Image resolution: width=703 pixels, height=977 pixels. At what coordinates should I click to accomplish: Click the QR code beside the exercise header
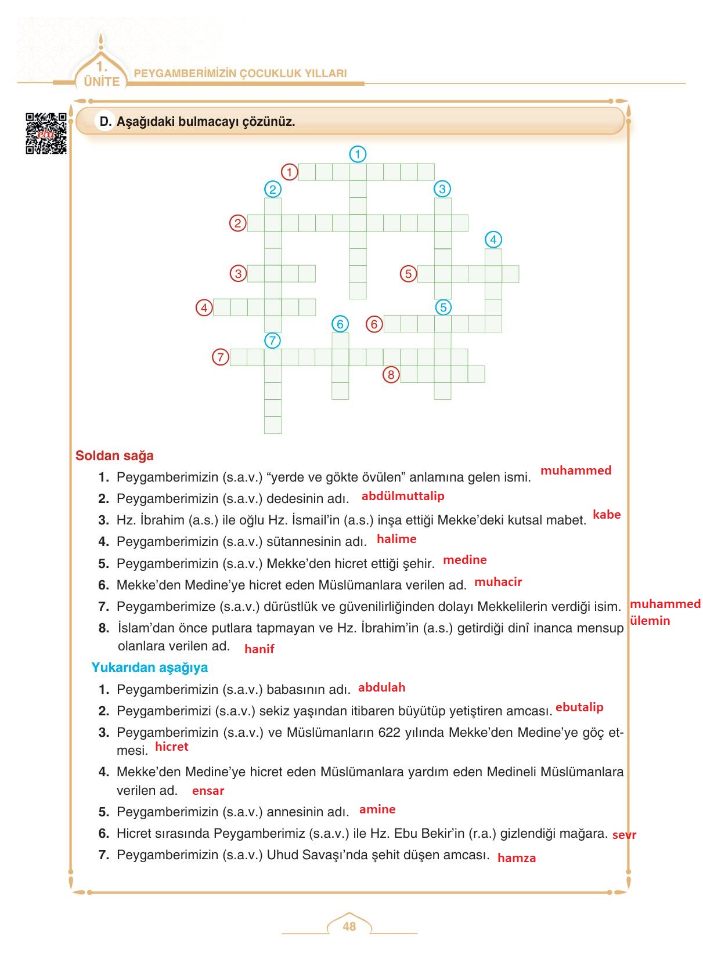coord(46,134)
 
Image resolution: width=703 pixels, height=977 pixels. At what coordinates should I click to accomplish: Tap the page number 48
coord(349,927)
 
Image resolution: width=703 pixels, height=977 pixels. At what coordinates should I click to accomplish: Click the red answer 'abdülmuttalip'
coord(403,496)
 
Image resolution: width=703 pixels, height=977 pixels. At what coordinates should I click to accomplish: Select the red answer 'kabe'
coord(607,515)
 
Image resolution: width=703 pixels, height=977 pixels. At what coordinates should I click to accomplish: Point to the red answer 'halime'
coord(396,539)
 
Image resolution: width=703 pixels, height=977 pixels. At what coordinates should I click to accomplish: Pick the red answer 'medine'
coord(464,560)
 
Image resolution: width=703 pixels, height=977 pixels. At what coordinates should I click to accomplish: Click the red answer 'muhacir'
coord(498,582)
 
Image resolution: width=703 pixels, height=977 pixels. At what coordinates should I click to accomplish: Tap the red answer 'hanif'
coord(259,649)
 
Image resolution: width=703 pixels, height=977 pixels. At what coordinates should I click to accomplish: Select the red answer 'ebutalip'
coord(579,707)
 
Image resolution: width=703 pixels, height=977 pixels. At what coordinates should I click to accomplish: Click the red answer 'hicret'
coord(172,747)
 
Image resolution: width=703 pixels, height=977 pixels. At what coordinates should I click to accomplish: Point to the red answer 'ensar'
coord(208,791)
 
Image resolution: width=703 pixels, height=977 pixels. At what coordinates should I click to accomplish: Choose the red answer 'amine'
coord(377,809)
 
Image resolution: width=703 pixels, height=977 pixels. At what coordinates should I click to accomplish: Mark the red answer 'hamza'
coord(517,858)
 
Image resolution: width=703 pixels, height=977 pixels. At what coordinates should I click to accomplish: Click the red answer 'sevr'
coord(624,835)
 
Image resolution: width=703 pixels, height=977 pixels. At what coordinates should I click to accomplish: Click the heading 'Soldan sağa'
coord(114,455)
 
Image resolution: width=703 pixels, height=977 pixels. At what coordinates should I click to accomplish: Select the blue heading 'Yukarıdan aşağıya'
coord(149,667)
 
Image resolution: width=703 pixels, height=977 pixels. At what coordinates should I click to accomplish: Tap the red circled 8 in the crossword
coord(391,375)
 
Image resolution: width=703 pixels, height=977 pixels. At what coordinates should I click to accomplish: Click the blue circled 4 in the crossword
coord(493,240)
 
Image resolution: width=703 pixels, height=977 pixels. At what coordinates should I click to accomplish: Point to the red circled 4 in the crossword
coord(204,307)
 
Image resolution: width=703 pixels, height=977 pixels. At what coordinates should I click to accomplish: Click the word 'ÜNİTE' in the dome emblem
coord(102,82)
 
